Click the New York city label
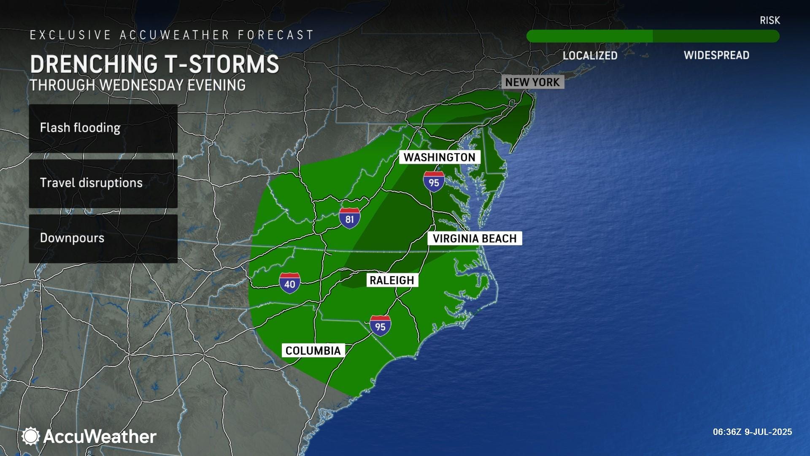tap(532, 82)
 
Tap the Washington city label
tap(439, 157)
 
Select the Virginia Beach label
tap(475, 239)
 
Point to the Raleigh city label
tap(392, 280)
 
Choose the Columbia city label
tap(313, 351)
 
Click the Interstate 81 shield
tap(349, 218)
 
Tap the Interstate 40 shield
tap(289, 283)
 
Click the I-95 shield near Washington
tap(434, 182)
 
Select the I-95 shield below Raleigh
tap(380, 326)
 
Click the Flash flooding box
tap(103, 128)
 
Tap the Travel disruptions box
tap(103, 183)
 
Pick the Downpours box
tap(103, 238)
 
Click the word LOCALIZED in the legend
tap(590, 56)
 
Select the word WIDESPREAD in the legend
tap(716, 55)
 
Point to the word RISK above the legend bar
tap(769, 20)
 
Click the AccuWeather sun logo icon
tap(30, 436)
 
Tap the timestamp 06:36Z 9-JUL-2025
tap(752, 432)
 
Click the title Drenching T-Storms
tap(154, 64)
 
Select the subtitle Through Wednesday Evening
tap(138, 85)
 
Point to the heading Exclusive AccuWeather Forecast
tap(172, 35)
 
